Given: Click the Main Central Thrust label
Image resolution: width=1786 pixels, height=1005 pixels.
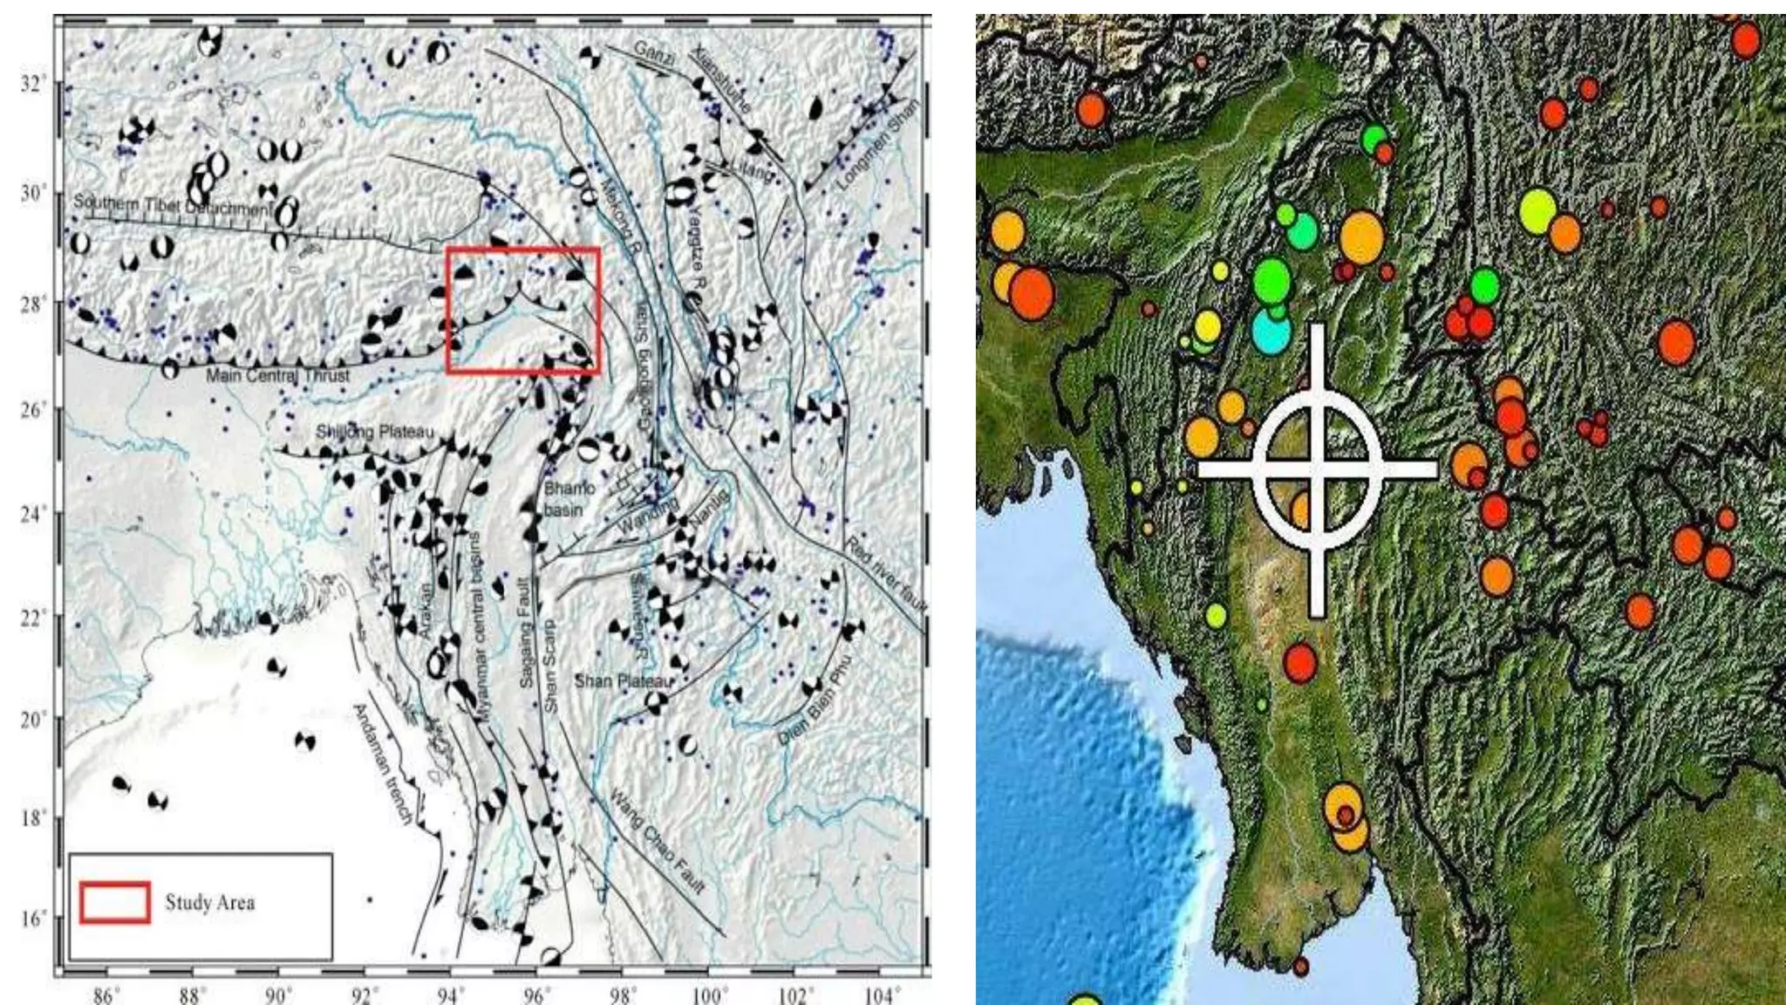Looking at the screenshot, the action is click(x=277, y=375).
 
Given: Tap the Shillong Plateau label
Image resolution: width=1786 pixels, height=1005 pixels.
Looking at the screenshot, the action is click(x=374, y=431).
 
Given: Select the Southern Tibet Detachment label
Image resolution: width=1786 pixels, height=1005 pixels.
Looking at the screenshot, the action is click(x=173, y=205).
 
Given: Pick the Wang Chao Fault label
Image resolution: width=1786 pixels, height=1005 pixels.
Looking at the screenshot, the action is click(x=656, y=842).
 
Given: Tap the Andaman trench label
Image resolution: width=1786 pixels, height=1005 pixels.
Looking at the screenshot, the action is click(x=382, y=764).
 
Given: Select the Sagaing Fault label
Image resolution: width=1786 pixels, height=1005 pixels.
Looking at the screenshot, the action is click(x=525, y=631).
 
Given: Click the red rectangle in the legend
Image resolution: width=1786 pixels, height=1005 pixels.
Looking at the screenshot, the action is click(x=115, y=902).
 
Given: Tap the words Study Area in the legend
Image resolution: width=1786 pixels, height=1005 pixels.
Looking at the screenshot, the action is click(x=210, y=902).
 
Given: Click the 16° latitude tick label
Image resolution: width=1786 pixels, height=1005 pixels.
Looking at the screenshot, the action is click(x=32, y=918).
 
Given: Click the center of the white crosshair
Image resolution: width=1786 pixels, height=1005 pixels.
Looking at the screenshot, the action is click(x=1317, y=469).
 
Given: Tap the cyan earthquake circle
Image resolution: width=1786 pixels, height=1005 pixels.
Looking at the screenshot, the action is click(x=1271, y=331).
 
